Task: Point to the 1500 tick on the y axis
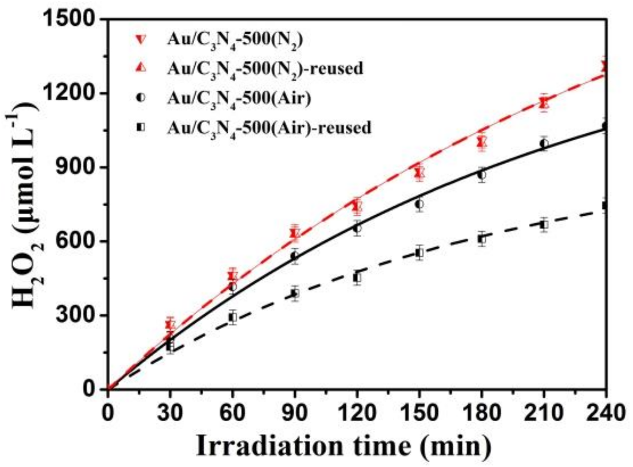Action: [x=77, y=19]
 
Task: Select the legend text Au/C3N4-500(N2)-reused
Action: [x=266, y=69]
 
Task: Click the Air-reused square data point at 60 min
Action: [x=232, y=317]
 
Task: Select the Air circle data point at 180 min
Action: [x=482, y=175]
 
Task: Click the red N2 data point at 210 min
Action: [x=544, y=103]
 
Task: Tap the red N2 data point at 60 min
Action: [x=232, y=276]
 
